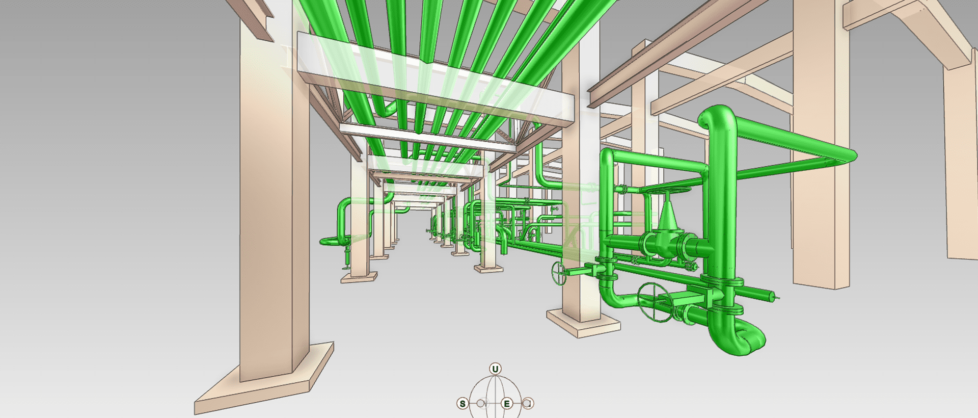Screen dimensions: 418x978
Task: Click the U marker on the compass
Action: tap(495, 369)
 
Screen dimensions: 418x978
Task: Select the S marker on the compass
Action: tap(463, 404)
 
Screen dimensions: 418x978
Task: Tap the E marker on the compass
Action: tap(507, 404)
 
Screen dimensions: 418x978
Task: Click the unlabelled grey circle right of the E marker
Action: tap(528, 403)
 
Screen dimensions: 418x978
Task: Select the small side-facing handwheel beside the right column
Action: tap(559, 273)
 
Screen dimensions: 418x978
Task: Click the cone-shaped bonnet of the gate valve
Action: tap(667, 216)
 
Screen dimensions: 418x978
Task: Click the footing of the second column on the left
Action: tap(360, 277)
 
